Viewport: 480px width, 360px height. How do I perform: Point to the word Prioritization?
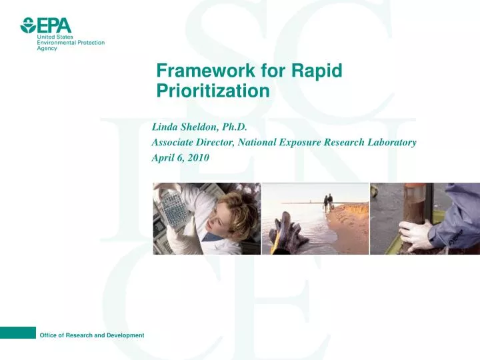213,91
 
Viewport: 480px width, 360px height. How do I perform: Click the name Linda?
166,126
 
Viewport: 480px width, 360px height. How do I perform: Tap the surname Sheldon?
203,126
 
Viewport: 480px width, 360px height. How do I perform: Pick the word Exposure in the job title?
297,142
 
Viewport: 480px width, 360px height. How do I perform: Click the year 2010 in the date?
197,158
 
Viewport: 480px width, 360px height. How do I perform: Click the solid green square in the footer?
17,333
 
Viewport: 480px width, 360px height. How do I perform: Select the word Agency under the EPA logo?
47,49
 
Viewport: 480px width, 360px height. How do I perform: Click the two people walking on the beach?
327,201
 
